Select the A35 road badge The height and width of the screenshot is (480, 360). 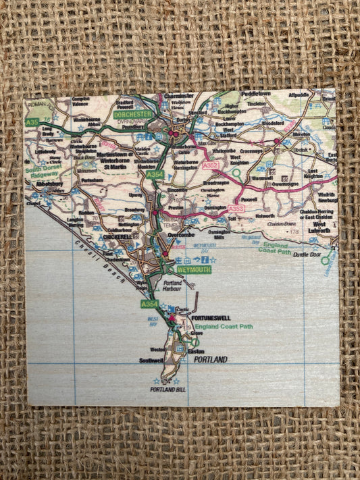[x=31, y=122]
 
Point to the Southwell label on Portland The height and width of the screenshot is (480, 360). [x=153, y=361]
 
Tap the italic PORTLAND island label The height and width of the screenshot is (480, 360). [x=210, y=360]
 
